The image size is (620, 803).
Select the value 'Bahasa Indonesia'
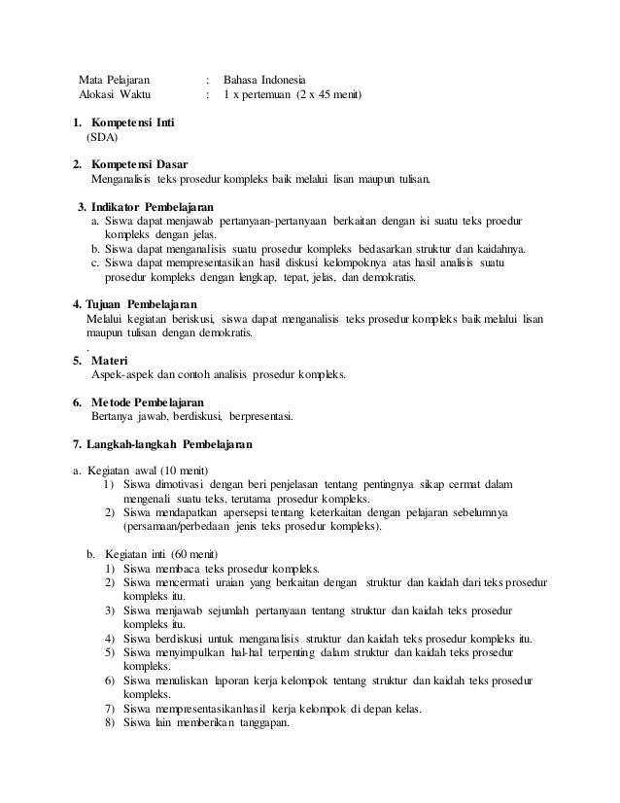[x=263, y=79]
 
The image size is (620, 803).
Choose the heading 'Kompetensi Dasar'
[x=139, y=164]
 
